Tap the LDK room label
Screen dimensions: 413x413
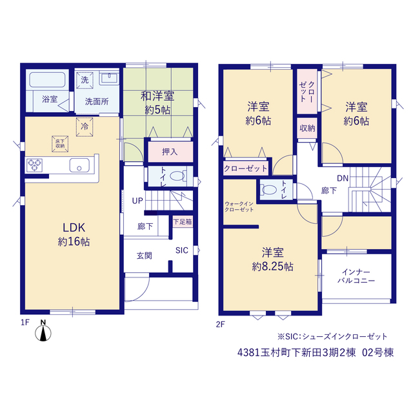tap(74, 228)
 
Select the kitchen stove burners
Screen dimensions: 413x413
tap(34, 165)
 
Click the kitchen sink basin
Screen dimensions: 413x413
tap(79, 165)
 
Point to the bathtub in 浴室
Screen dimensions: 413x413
tap(47, 80)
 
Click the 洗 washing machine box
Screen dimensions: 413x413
tap(85, 80)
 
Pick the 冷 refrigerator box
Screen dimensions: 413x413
tap(85, 126)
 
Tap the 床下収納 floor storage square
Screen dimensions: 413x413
tap(60, 144)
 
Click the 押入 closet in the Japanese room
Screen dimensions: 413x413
tap(170, 152)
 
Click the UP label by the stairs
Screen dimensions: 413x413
tap(137, 201)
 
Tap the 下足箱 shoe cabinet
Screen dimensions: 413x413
tap(183, 222)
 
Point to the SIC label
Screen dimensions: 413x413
tap(182, 250)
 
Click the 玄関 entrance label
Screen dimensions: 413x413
tap(145, 256)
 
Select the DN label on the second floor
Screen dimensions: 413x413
tap(343, 178)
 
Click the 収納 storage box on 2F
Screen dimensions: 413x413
tap(307, 128)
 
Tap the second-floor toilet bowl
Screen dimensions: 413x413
tap(268, 190)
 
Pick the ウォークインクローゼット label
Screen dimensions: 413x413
tap(239, 206)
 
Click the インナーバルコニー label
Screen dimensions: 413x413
tap(356, 276)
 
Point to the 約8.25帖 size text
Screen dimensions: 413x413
tap(272, 267)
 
